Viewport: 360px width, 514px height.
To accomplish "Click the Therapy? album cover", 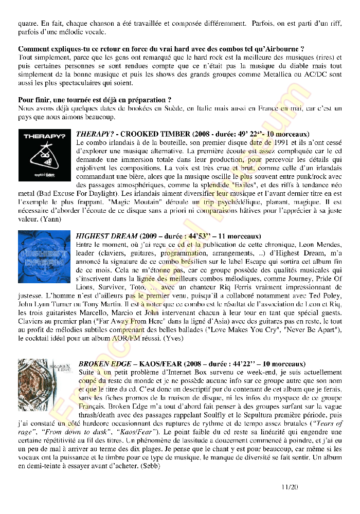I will click(x=44, y=155).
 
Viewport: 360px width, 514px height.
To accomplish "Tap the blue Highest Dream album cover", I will click(x=44, y=256).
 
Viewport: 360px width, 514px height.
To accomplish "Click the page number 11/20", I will click(x=290, y=486).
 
